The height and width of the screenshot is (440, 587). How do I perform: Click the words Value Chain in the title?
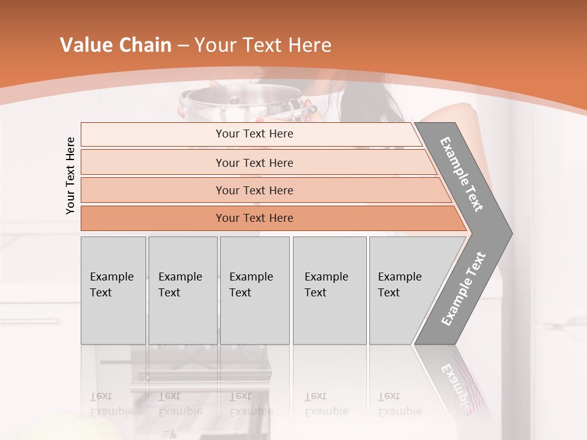116,45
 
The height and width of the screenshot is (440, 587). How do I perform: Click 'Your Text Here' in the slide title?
263,45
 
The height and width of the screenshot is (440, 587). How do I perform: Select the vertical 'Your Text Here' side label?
70,175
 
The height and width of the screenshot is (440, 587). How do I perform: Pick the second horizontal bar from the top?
254,163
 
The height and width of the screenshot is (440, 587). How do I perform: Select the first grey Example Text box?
113,290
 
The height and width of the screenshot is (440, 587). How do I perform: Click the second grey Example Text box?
182,290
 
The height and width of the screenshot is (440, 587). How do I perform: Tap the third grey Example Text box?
254,290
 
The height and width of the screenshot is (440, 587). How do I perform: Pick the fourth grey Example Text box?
329,290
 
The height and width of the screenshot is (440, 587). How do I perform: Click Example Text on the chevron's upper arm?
462,174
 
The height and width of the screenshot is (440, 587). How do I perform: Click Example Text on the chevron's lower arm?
463,288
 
